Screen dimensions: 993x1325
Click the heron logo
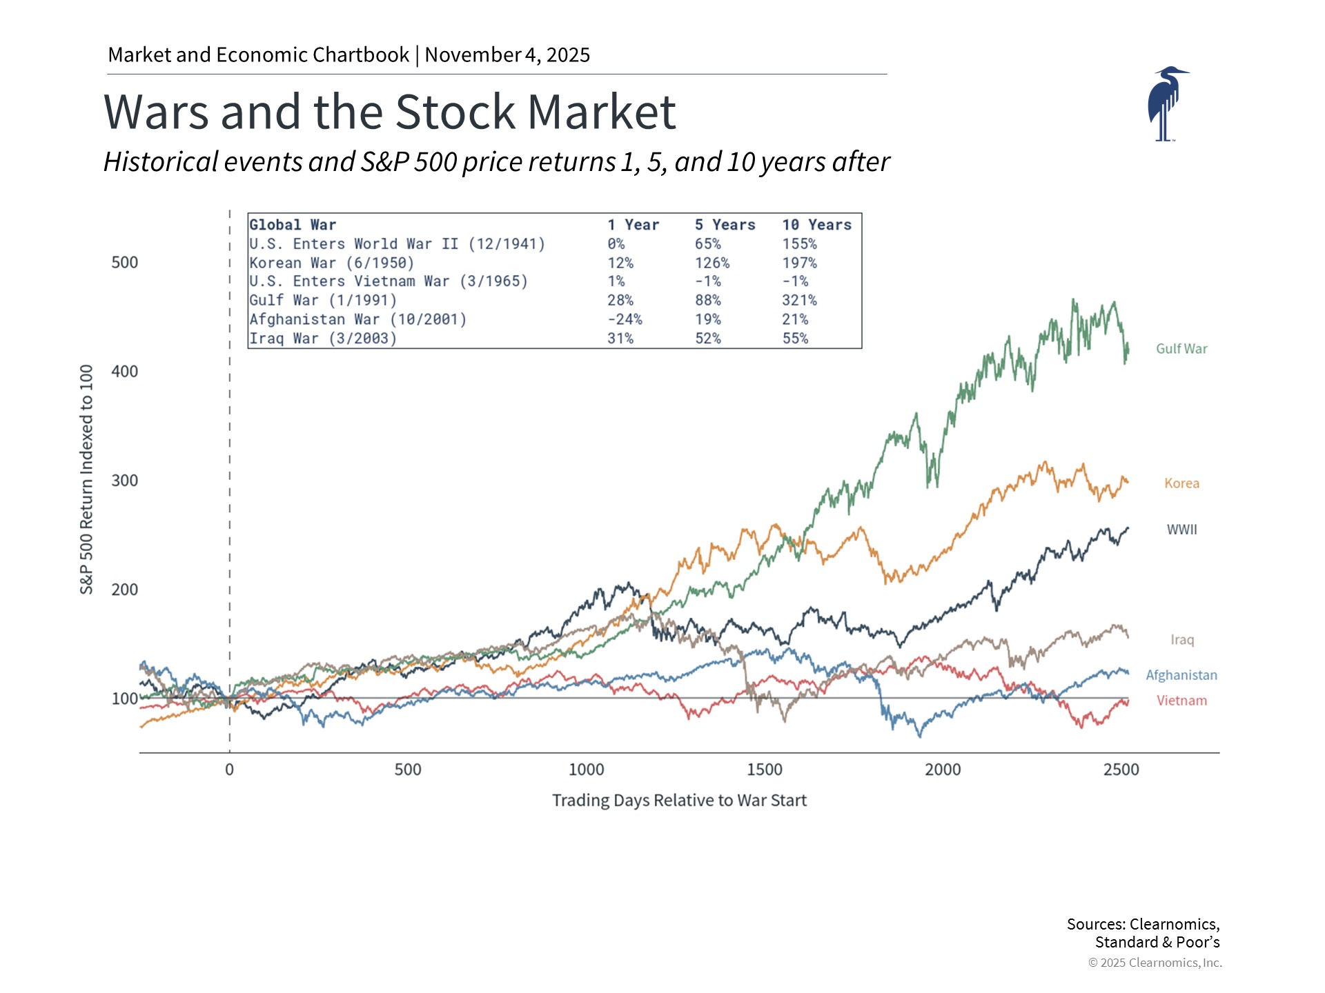click(x=1166, y=104)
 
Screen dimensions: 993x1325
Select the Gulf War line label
click(x=1181, y=349)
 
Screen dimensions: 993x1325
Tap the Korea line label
click(x=1181, y=483)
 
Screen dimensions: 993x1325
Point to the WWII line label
click(x=1181, y=530)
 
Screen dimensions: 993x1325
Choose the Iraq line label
click(x=1181, y=640)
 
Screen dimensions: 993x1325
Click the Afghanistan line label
click(x=1181, y=675)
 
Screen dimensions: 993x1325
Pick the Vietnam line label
click(x=1181, y=701)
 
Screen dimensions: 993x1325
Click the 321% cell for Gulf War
click(x=799, y=301)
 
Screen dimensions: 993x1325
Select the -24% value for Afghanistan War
click(x=625, y=319)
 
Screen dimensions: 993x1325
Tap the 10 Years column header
click(x=816, y=225)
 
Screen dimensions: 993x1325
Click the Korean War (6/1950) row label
click(x=331, y=263)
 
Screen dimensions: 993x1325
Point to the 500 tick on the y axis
click(x=124, y=263)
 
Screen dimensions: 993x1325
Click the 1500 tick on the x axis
click(x=764, y=770)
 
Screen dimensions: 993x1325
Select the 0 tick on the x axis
click(x=229, y=770)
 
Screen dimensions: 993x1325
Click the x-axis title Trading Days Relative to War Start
click(x=679, y=801)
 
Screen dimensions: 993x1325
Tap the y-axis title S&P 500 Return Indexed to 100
click(x=86, y=479)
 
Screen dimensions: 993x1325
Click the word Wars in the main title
click(x=156, y=112)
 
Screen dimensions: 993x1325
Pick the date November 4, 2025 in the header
click(x=507, y=54)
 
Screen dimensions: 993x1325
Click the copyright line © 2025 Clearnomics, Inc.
click(x=1155, y=963)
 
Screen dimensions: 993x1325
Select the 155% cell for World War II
click(x=799, y=244)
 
